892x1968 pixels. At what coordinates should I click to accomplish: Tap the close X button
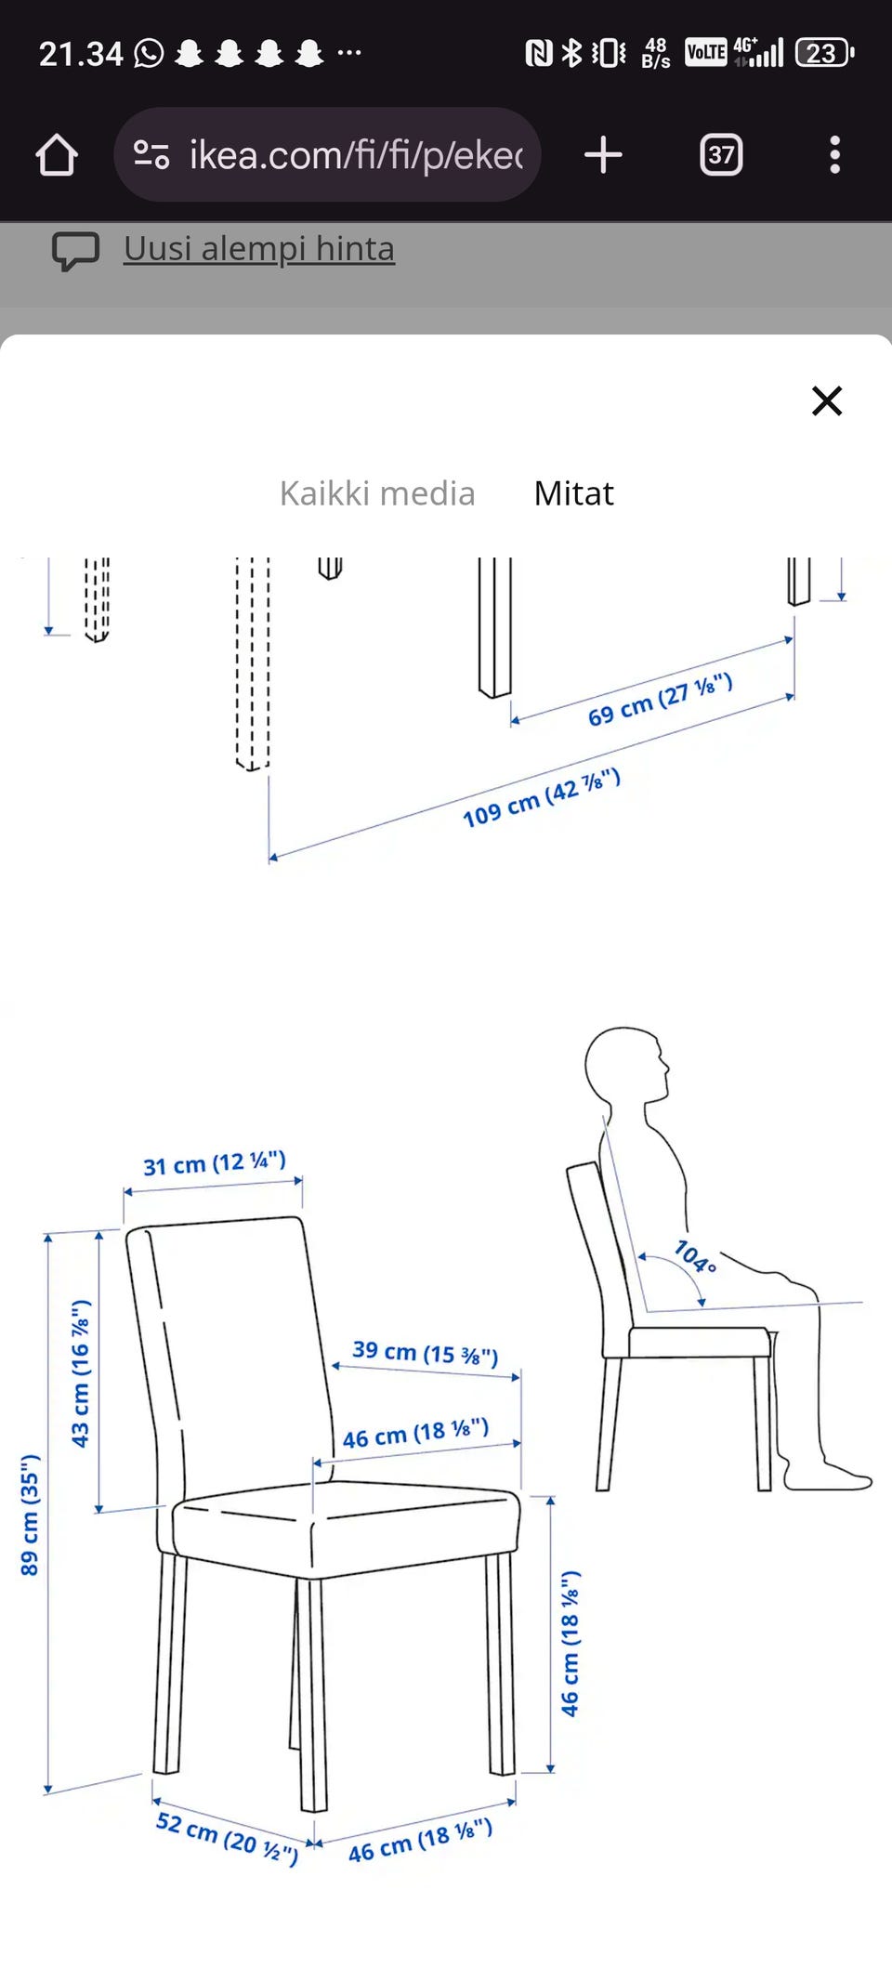(826, 400)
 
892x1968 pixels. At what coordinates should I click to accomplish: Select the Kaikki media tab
(377, 493)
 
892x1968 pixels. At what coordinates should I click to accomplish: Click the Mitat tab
(573, 493)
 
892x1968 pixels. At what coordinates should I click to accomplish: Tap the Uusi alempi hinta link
(259, 249)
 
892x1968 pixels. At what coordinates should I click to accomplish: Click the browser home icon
(57, 154)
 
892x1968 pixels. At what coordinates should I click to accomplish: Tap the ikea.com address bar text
(356, 155)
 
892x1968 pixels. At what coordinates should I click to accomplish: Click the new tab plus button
(603, 154)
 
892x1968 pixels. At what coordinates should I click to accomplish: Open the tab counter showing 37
(721, 154)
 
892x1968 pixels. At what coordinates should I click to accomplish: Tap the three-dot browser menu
(834, 154)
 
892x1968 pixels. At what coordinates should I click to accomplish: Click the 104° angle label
(695, 1256)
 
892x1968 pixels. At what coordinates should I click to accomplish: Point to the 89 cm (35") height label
(30, 1515)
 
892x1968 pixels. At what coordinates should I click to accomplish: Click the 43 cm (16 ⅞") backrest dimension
(81, 1372)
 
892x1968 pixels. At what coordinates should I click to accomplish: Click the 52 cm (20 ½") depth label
(228, 1838)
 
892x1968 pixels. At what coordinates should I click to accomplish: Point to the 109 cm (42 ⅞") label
(542, 797)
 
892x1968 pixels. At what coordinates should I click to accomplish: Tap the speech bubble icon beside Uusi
(75, 251)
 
